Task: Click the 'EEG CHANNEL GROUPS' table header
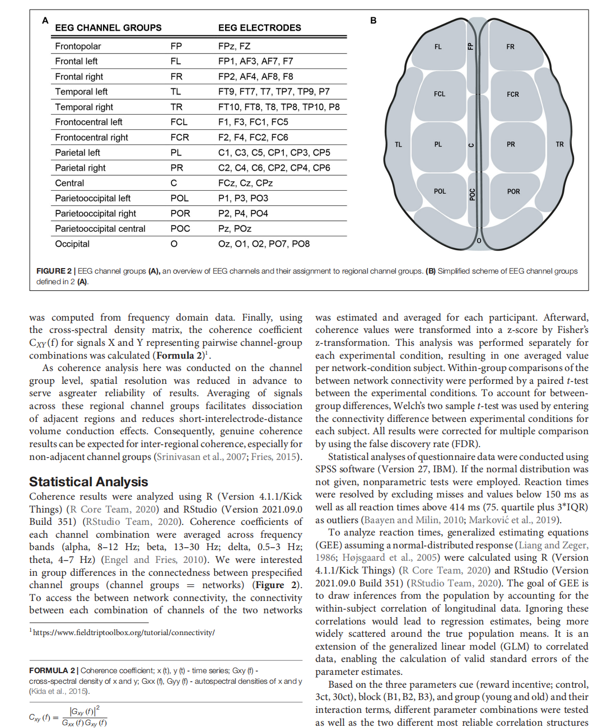[x=108, y=27]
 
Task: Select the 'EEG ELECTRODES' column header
[x=259, y=27]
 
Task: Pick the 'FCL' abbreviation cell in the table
[x=179, y=122]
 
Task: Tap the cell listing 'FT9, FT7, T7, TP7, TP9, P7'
[x=274, y=92]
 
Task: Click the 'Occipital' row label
[x=72, y=244]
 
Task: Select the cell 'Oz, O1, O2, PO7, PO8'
[x=264, y=244]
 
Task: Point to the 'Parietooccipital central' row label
[x=100, y=229]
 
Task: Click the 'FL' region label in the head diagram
[x=438, y=47]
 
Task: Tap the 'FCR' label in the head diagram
[x=513, y=95]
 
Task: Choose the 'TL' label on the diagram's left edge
[x=398, y=144]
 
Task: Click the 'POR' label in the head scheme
[x=514, y=191]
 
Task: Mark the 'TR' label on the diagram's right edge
[x=559, y=144]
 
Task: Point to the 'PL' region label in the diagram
[x=438, y=144]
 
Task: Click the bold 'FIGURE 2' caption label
[x=54, y=271]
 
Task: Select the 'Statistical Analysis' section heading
[x=88, y=482]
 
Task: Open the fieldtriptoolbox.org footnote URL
[x=124, y=632]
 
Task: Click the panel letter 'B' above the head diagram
[x=374, y=21]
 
